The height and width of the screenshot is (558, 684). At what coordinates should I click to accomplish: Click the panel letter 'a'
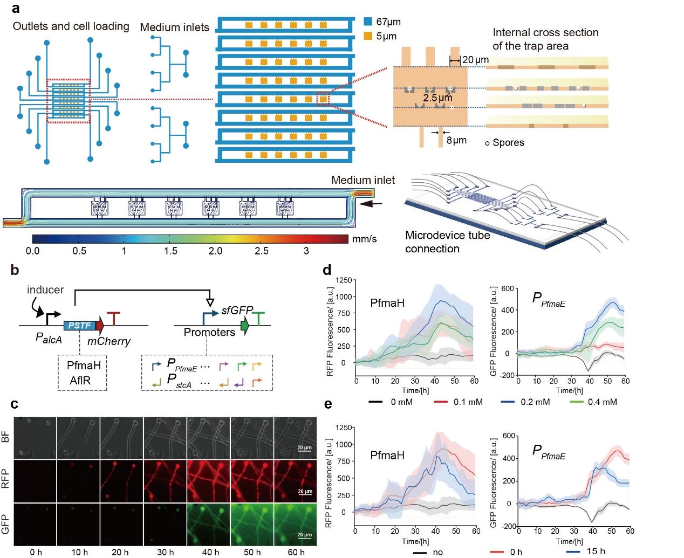[16, 8]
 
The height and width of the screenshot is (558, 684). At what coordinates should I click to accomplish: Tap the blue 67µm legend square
[368, 22]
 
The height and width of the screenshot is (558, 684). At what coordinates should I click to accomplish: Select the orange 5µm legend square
[368, 36]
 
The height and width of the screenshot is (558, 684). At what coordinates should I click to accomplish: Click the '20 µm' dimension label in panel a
[475, 60]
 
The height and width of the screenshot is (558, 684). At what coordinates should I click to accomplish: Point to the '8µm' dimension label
[456, 140]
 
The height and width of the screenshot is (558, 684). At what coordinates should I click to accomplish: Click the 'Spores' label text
[508, 142]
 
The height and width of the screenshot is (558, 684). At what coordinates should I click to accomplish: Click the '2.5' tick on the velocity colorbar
[262, 251]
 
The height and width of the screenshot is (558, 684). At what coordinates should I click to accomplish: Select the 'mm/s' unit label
[365, 239]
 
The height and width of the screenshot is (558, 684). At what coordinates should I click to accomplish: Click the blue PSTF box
[79, 325]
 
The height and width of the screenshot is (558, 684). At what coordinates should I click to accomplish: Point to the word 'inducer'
[45, 290]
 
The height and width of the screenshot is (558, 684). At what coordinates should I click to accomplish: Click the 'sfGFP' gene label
[237, 311]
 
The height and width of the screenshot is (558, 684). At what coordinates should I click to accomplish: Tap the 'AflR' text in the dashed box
[80, 381]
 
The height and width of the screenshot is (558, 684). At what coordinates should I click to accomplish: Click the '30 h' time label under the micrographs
[165, 552]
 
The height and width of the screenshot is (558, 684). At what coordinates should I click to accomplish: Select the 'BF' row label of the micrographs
[6, 437]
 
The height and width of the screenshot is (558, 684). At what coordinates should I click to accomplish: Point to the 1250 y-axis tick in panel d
[344, 280]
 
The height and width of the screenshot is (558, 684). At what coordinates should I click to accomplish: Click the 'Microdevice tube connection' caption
[447, 242]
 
